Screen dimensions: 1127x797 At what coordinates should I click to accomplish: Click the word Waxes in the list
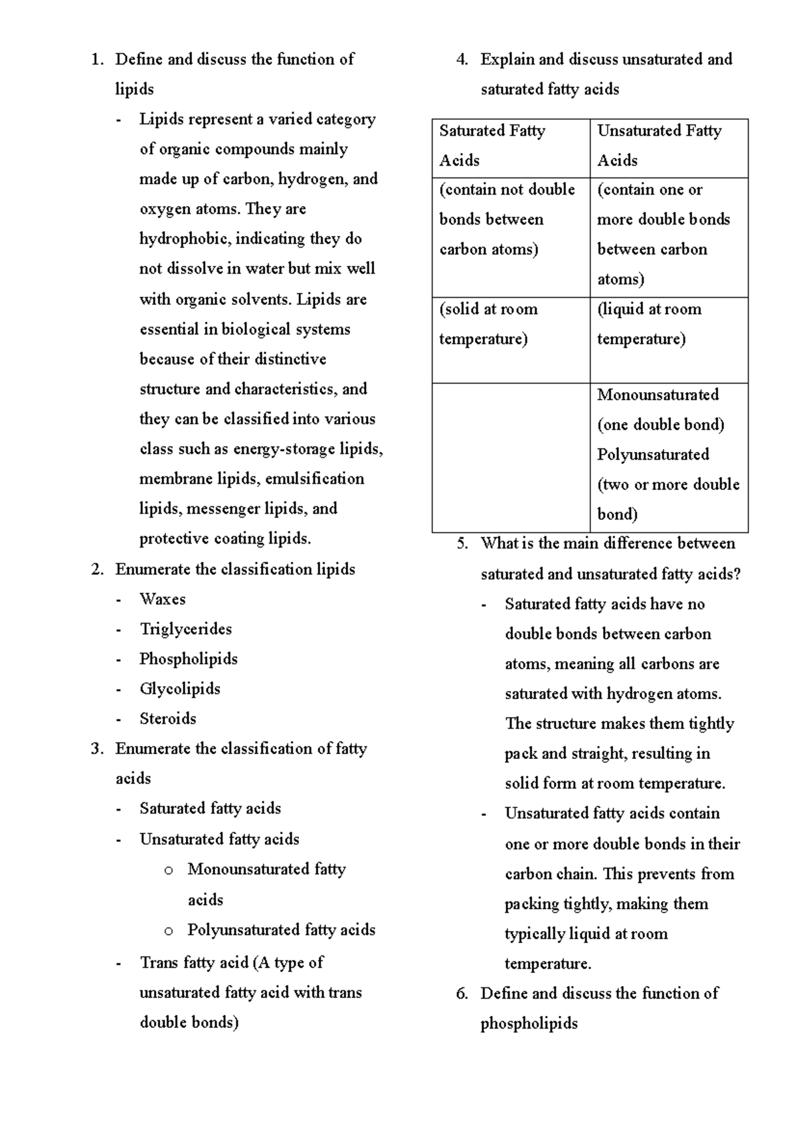162,599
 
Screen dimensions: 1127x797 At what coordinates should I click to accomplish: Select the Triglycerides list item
185,629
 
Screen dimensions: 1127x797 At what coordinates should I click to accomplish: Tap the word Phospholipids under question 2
188,659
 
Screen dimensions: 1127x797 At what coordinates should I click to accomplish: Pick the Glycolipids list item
179,689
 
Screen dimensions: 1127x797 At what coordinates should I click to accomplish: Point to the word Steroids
167,719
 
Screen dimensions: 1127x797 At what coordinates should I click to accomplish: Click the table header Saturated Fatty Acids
491,146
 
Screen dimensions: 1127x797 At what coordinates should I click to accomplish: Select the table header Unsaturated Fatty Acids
659,146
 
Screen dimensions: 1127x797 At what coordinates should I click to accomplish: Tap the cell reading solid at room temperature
488,324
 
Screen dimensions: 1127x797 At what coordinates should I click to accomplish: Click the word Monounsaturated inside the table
658,395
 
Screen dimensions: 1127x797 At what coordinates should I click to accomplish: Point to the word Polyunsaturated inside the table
653,455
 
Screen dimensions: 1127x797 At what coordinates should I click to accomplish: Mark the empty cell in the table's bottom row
511,458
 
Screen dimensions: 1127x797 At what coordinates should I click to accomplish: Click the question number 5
462,544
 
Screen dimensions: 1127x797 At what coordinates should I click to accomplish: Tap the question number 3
97,749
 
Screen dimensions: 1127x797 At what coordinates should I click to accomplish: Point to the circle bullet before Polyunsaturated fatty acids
169,931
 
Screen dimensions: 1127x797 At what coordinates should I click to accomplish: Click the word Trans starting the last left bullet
159,963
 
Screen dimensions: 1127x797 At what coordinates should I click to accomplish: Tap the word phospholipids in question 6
529,1023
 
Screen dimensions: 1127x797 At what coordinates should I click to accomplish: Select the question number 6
462,993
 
